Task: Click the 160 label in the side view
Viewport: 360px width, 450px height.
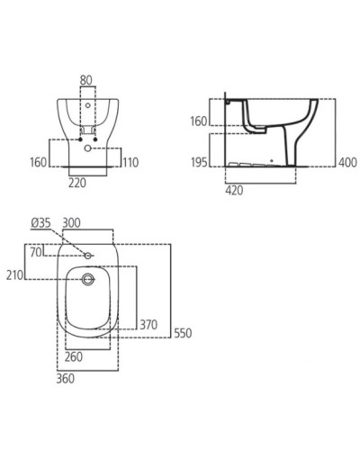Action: pyautogui.click(x=198, y=121)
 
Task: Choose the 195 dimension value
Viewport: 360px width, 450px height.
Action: pyautogui.click(x=198, y=162)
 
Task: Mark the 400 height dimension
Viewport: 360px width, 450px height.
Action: pyautogui.click(x=346, y=162)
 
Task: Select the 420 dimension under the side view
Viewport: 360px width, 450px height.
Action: pyautogui.click(x=234, y=192)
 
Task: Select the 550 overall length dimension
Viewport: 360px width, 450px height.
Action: pyautogui.click(x=183, y=333)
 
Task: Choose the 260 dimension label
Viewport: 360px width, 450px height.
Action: pyautogui.click(x=74, y=355)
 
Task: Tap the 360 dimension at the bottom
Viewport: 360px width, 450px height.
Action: pyautogui.click(x=65, y=378)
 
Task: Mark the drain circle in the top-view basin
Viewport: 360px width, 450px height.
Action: pyautogui.click(x=88, y=280)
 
